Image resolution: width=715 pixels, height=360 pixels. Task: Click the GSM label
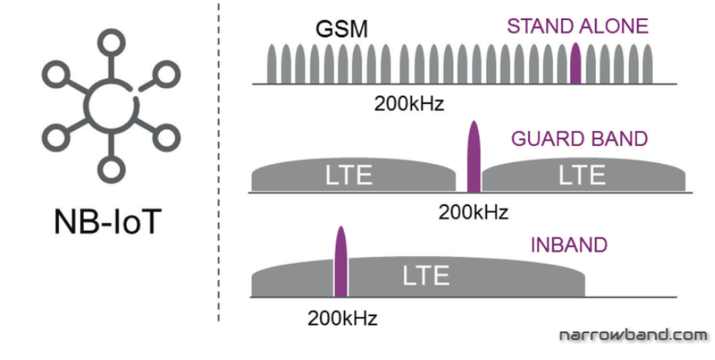point(341,29)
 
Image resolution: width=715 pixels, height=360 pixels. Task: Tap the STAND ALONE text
point(577,26)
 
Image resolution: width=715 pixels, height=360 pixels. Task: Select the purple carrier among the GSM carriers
point(575,64)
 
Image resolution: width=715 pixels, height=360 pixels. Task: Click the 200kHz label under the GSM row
point(410,103)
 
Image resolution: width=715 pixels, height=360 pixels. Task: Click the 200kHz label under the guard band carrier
point(474,212)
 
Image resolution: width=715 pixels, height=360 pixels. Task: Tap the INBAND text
point(569,245)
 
